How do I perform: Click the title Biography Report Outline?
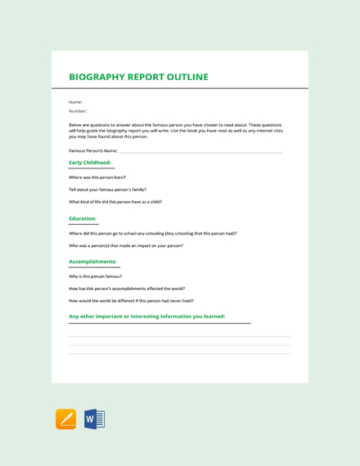(x=138, y=78)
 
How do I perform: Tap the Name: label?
(x=75, y=102)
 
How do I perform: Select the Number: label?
(x=78, y=110)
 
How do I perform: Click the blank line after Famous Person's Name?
(x=200, y=151)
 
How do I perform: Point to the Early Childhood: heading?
(x=90, y=163)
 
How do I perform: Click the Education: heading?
(x=83, y=218)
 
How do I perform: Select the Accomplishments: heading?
(x=92, y=262)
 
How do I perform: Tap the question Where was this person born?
(x=97, y=177)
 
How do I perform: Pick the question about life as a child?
(x=115, y=201)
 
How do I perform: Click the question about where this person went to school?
(x=153, y=233)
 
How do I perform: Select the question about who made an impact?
(x=126, y=245)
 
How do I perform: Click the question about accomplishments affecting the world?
(x=127, y=289)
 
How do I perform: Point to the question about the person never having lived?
(x=131, y=301)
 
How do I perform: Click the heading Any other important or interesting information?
(x=147, y=316)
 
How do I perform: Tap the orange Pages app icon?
(x=65, y=419)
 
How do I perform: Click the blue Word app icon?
(x=94, y=419)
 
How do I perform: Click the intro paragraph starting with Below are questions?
(x=176, y=130)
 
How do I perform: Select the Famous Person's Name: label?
(x=93, y=151)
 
